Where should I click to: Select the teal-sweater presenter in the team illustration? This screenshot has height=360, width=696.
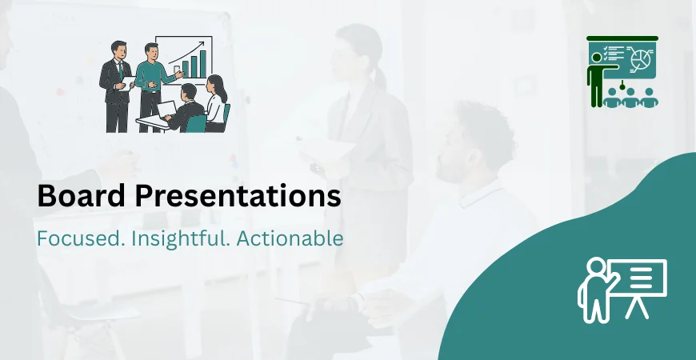click(x=149, y=76)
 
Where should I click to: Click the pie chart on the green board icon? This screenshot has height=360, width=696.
click(x=640, y=58)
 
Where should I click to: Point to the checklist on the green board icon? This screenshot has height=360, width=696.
click(x=614, y=54)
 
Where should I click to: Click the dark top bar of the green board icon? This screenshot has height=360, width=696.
click(x=622, y=38)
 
